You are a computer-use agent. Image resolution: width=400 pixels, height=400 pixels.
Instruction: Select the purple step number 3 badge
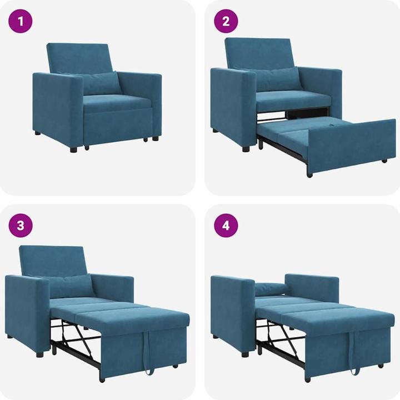[x=20, y=226]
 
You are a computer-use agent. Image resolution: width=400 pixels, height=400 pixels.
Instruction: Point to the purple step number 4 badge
[x=226, y=226]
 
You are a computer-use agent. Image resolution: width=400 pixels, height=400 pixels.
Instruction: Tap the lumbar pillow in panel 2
[x=278, y=79]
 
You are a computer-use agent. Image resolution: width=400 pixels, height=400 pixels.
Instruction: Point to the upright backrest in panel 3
[x=52, y=261]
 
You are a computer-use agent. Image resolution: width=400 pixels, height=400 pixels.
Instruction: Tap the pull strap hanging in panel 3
[x=147, y=352]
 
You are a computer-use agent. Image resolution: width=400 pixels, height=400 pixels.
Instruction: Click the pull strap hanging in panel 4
[x=352, y=352]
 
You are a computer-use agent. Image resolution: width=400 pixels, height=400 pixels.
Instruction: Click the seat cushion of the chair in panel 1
[x=117, y=102]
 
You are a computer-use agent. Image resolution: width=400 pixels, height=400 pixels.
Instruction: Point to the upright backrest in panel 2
[x=258, y=53]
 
